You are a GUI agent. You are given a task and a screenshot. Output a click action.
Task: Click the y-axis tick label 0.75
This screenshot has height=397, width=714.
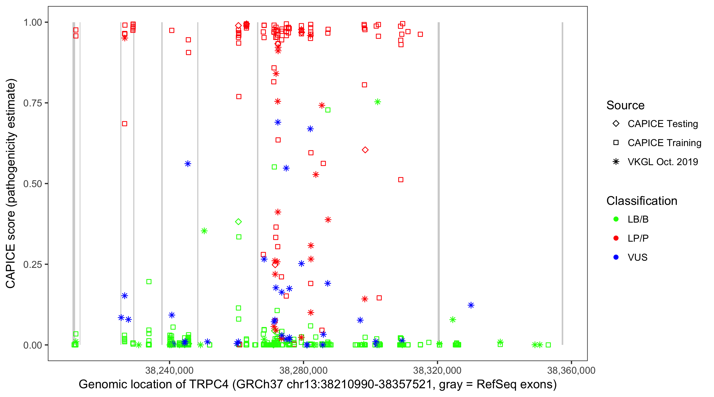tap(32, 103)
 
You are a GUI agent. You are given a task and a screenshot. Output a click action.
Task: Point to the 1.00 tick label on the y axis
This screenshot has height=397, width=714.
tap(32, 22)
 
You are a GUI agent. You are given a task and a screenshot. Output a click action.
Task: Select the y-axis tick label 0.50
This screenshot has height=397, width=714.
tap(32, 184)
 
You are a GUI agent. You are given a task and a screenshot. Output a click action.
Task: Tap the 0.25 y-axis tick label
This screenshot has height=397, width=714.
tap(32, 264)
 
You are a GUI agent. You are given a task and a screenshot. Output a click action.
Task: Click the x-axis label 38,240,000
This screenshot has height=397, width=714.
tap(169, 370)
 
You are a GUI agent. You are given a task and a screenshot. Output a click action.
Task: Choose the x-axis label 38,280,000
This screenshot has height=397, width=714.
tap(303, 370)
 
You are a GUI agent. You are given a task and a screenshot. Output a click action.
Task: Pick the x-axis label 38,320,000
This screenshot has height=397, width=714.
tap(437, 370)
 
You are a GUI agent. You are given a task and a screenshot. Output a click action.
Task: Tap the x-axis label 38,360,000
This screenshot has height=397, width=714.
tap(571, 370)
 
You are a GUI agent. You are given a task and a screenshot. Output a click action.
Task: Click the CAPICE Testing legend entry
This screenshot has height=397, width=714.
tap(662, 124)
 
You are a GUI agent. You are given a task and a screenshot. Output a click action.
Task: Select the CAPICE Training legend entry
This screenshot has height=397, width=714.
tap(664, 143)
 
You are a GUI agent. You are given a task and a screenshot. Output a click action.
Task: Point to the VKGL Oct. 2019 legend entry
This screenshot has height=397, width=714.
tap(662, 162)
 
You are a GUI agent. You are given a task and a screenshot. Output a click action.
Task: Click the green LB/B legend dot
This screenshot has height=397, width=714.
tap(616, 219)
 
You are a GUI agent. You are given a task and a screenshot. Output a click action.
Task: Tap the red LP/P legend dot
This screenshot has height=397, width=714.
tap(616, 238)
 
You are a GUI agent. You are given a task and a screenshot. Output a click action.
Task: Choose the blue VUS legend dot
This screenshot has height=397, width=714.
tap(616, 257)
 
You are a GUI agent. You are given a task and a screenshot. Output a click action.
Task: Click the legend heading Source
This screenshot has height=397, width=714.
tap(625, 105)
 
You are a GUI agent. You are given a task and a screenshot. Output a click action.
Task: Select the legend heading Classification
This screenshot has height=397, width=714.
tap(642, 201)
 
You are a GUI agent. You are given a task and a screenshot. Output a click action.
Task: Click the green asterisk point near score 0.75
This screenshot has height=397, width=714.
tap(378, 102)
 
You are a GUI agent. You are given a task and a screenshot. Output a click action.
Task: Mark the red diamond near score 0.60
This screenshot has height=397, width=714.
tap(365, 150)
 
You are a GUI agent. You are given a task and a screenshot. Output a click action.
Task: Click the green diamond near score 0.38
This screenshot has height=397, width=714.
tap(238, 222)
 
